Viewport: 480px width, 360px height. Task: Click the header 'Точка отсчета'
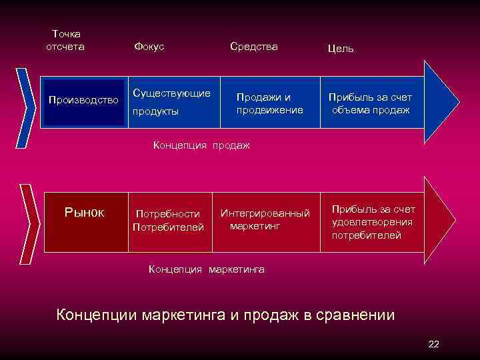tap(65, 40)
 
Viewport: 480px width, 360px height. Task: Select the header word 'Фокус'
tap(149, 46)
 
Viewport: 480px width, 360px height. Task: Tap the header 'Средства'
tap(253, 46)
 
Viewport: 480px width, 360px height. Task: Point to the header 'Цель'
tap(341, 48)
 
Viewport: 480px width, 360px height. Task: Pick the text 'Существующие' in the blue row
tap(171, 92)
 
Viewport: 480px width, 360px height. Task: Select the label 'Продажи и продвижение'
tap(269, 103)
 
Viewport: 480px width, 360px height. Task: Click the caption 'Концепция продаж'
tap(201, 145)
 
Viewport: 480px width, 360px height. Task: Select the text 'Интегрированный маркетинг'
tap(265, 220)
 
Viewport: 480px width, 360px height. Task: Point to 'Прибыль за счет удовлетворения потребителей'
tap(372, 222)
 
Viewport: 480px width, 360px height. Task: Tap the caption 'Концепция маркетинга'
tap(206, 269)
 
